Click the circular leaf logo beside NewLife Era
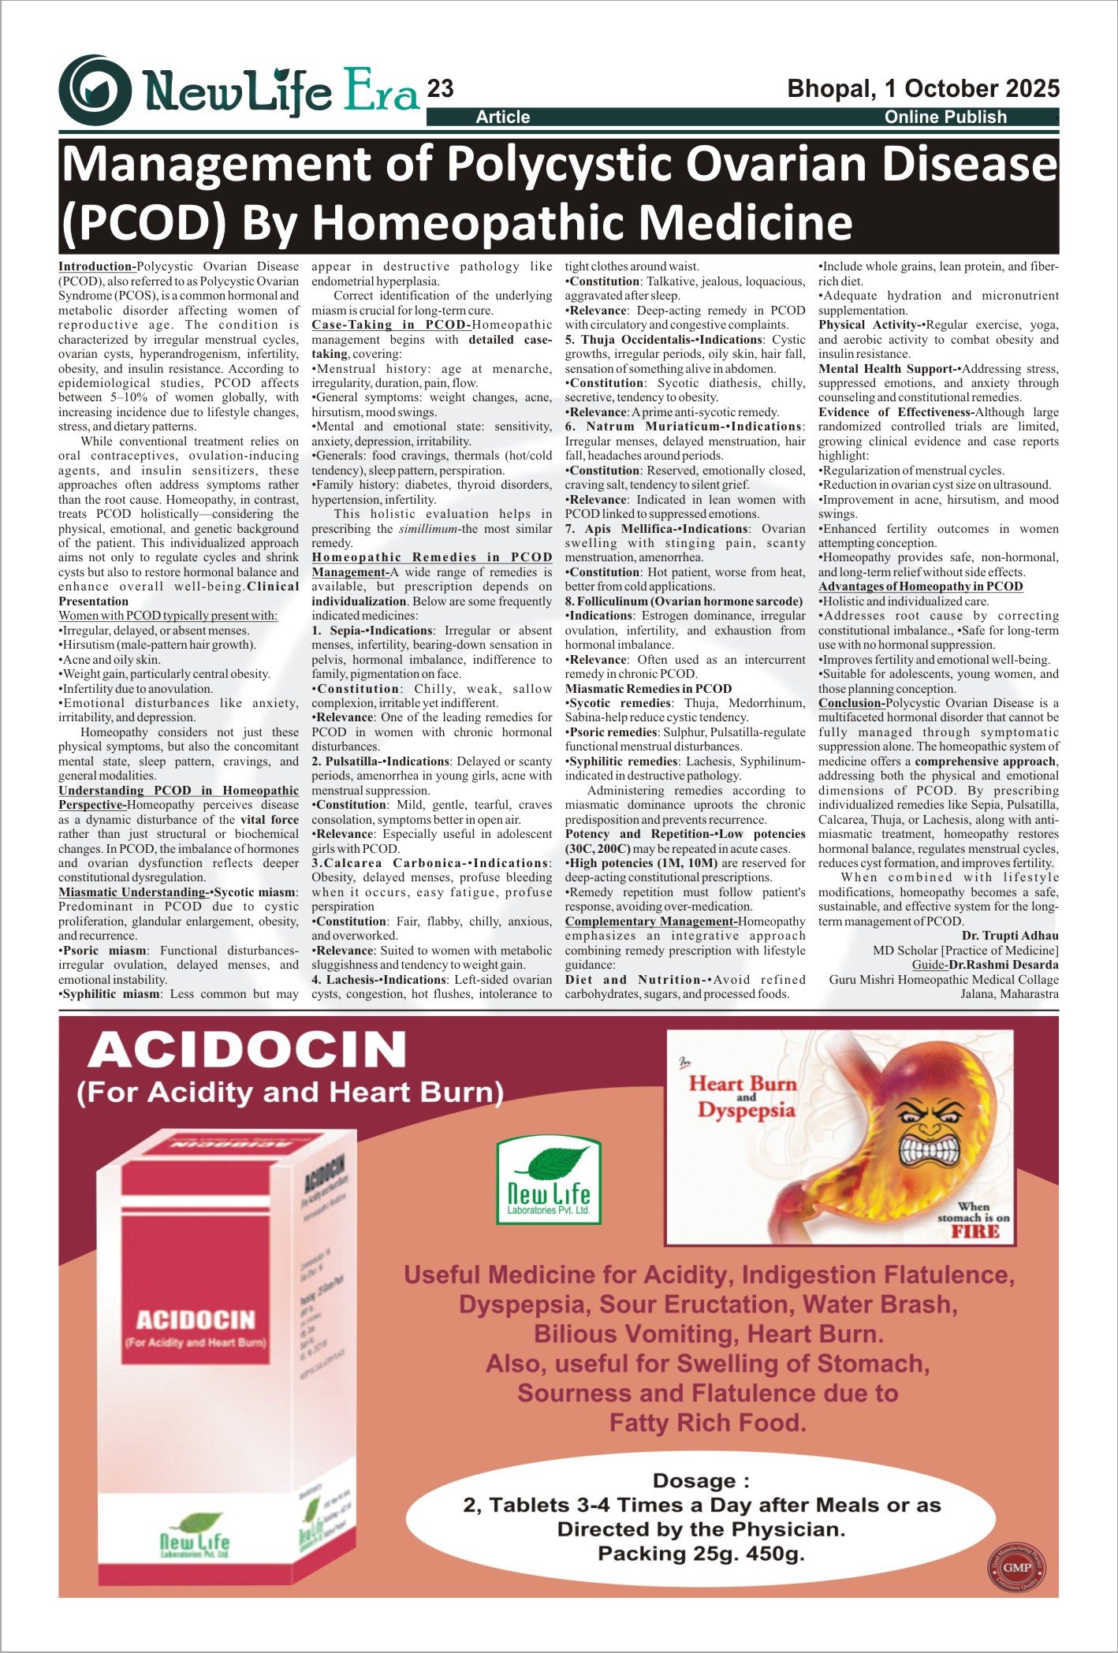(95, 90)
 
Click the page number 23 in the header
(440, 89)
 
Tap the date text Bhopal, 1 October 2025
(923, 88)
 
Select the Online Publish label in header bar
(945, 117)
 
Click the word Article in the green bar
(502, 117)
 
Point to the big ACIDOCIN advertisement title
(248, 1050)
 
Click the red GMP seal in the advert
(1017, 1567)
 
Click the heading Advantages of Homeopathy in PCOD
(920, 586)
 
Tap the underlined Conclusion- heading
(851, 703)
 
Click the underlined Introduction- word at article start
(96, 266)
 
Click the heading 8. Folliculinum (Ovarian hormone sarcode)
(684, 601)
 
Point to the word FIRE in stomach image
(975, 1231)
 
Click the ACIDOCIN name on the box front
(196, 1320)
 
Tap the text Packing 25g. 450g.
(701, 1554)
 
